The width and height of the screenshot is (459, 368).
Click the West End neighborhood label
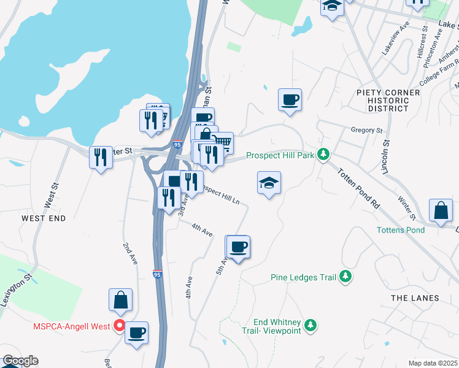pos(43,218)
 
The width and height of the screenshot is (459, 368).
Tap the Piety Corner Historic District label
pos(388,101)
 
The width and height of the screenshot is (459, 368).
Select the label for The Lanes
pos(415,298)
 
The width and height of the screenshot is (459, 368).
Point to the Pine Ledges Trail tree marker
pos(346,277)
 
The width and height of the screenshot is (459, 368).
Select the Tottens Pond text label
pos(400,230)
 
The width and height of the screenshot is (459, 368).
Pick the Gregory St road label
pos(366,130)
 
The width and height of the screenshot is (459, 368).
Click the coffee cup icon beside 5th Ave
pos(238,247)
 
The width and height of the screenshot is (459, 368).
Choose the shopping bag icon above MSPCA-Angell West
pos(121,300)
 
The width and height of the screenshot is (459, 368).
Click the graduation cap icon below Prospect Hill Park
pos(269,183)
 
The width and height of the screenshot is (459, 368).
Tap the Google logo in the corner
pos(20,361)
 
